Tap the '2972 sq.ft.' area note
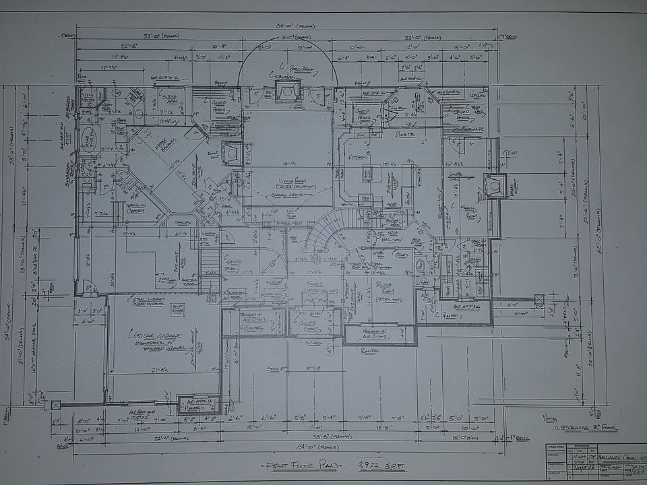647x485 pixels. point(377,465)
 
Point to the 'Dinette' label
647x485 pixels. point(403,135)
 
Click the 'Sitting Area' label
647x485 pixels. point(174,100)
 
